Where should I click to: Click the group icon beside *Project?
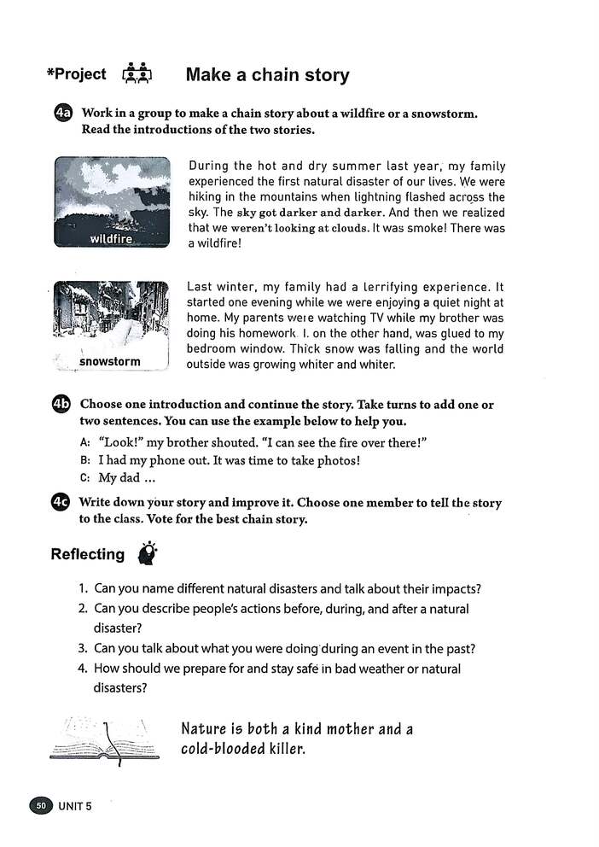coord(137,74)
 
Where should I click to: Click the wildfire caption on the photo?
coord(111,238)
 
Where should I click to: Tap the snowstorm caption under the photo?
coord(109,361)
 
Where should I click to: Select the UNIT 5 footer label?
coord(75,805)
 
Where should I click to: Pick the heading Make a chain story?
coord(267,75)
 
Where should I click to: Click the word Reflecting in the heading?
coord(87,555)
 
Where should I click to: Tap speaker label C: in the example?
coord(84,478)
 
